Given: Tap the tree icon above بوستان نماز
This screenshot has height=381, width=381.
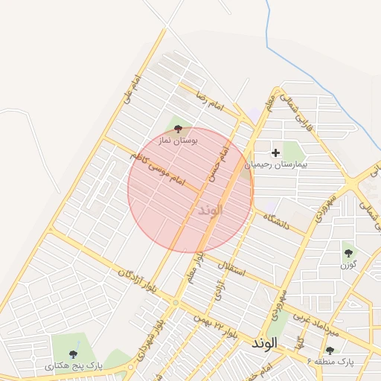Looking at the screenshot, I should click(177, 129).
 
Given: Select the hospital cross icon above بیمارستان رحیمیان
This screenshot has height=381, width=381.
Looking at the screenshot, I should click(276, 153).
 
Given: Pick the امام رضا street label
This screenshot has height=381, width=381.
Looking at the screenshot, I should click(210, 103).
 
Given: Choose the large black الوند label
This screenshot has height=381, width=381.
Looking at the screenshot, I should click(264, 344).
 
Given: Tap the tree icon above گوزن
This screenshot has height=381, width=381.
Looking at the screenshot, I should click(348, 254).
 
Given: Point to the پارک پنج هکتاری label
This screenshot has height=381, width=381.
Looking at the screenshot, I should click(69, 366).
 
